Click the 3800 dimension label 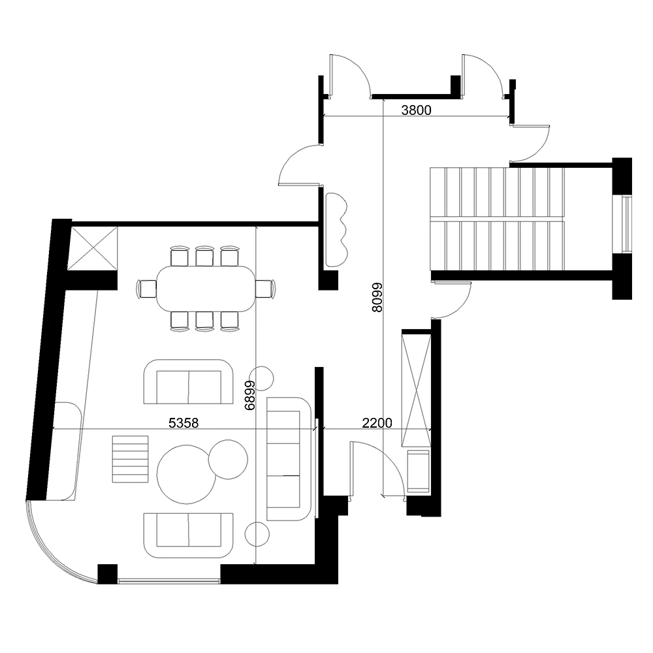(416, 110)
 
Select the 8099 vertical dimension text (377, 298)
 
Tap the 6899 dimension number (250, 395)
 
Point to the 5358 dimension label (183, 423)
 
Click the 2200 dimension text (377, 423)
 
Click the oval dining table (205, 289)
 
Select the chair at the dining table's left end (146, 289)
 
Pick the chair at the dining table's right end (265, 289)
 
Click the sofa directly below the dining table (188, 382)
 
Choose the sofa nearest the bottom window (188, 535)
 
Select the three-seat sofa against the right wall (289, 458)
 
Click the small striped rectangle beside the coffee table (131, 459)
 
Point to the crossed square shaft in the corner (93, 249)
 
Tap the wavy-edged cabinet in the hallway (336, 229)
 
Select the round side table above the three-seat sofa (262, 378)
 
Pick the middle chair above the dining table (204, 257)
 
